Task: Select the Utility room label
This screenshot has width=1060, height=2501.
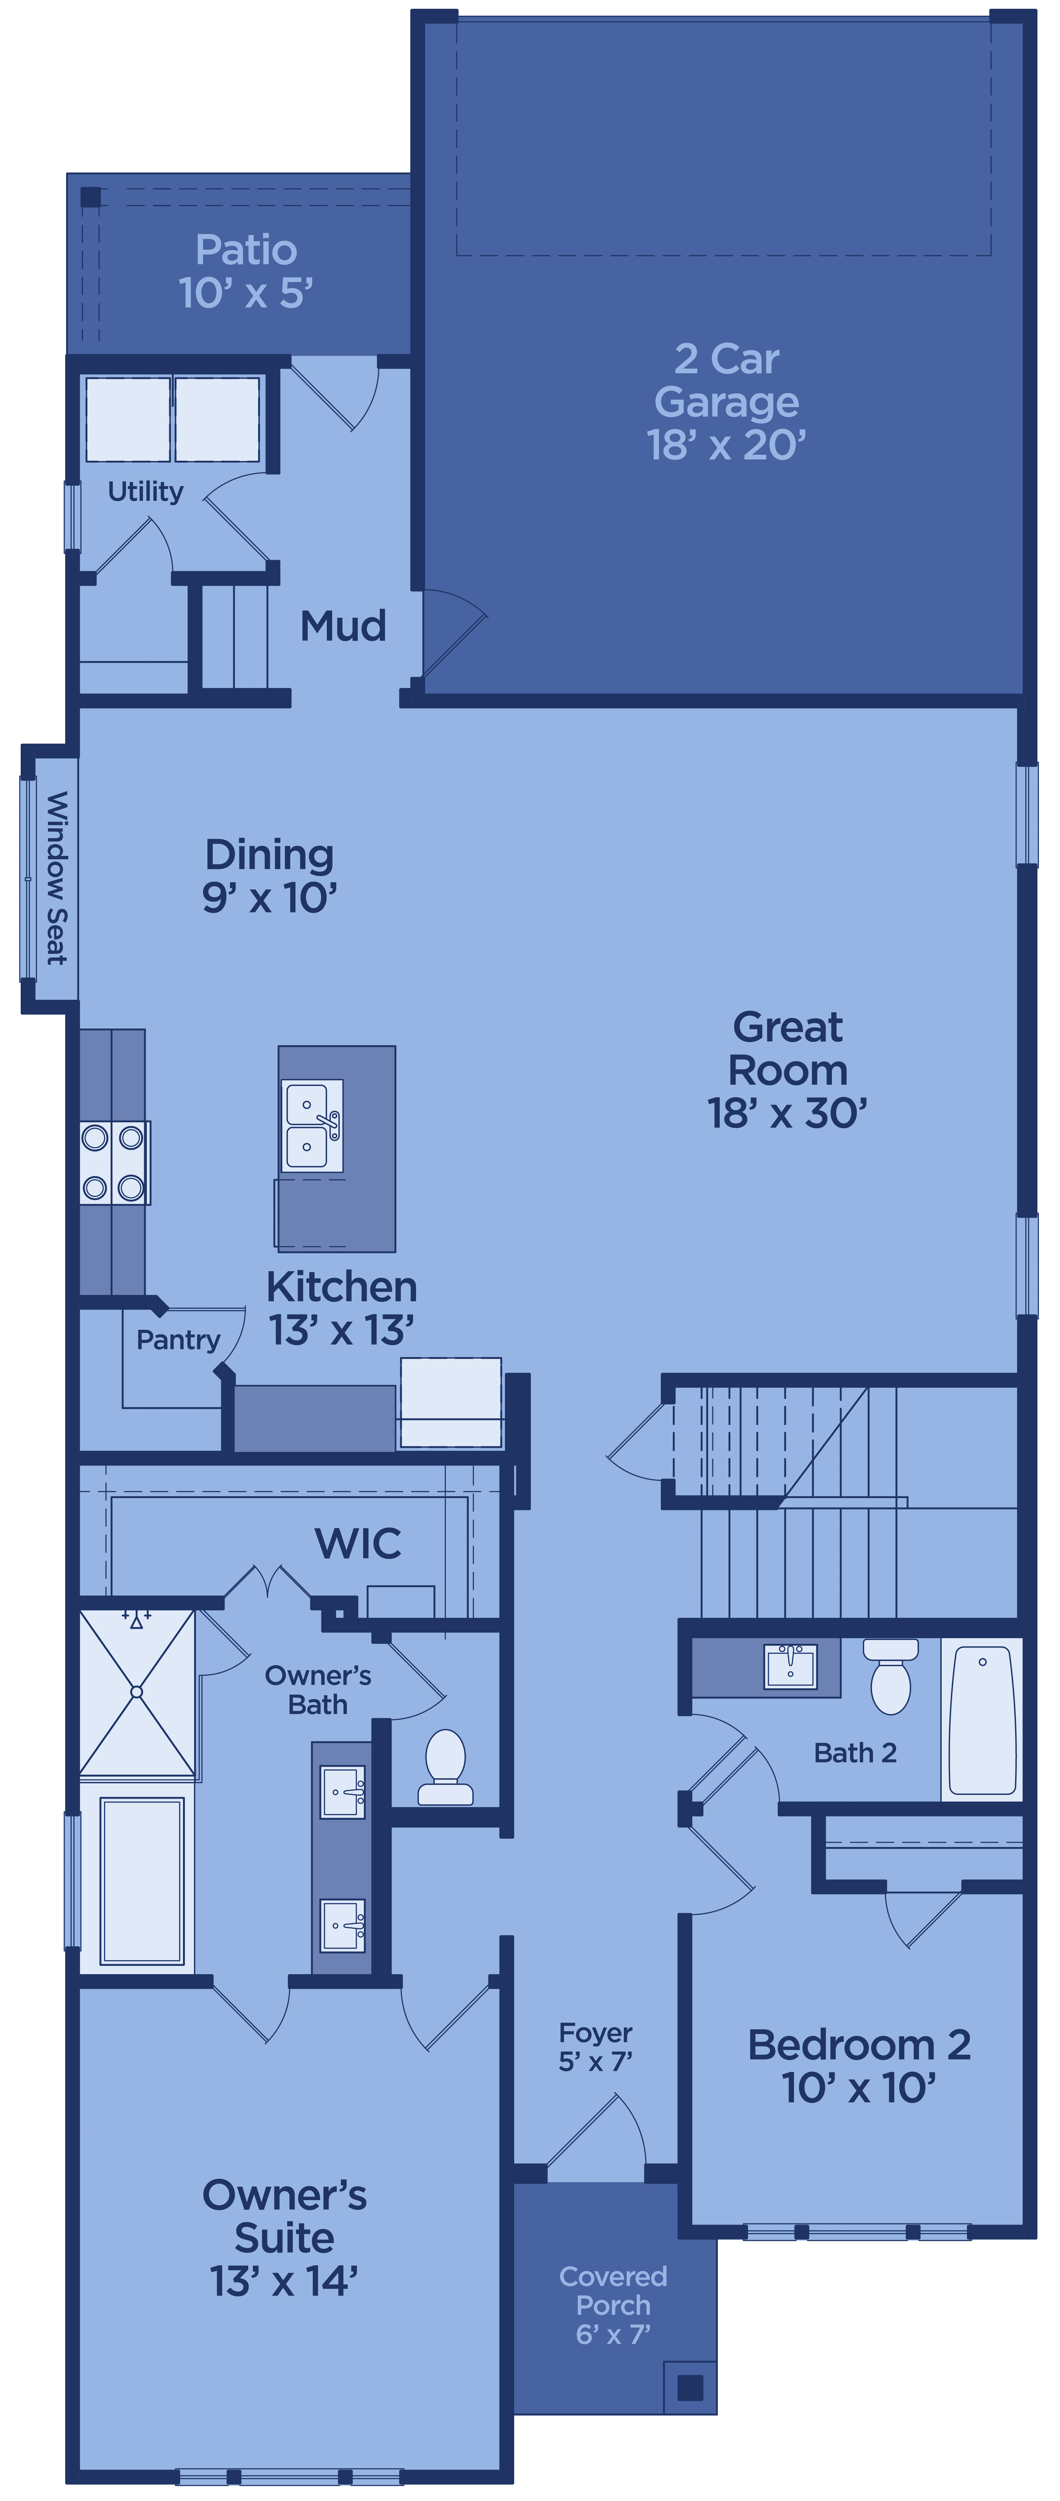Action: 146,491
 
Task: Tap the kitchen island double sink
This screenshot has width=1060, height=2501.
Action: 311,1126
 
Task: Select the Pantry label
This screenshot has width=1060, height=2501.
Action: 179,1340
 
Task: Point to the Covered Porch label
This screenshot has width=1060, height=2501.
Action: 614,2305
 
